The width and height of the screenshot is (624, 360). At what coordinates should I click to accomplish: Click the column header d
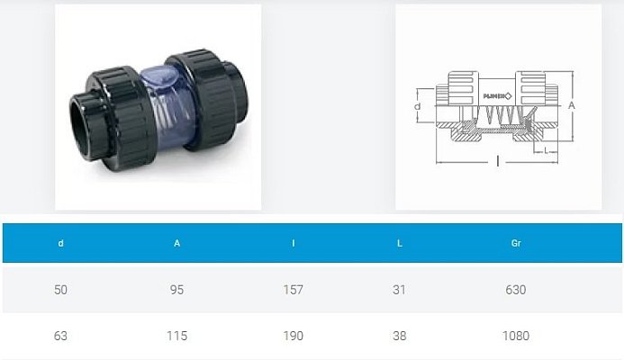tap(60, 243)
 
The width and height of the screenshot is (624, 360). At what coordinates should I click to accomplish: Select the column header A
tap(176, 243)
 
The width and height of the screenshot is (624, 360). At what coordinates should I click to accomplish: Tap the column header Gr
tap(516, 243)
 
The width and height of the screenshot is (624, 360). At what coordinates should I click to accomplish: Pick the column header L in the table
tap(399, 243)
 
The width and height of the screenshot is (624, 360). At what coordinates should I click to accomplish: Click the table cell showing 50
tap(60, 290)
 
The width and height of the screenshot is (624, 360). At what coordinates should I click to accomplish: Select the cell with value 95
tap(176, 290)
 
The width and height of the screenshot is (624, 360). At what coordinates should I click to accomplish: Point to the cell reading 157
tap(294, 290)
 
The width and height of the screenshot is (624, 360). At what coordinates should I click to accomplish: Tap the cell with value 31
tap(399, 290)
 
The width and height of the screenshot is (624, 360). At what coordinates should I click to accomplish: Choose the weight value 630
tap(516, 290)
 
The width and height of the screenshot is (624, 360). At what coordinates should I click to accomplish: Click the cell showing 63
tap(60, 336)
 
